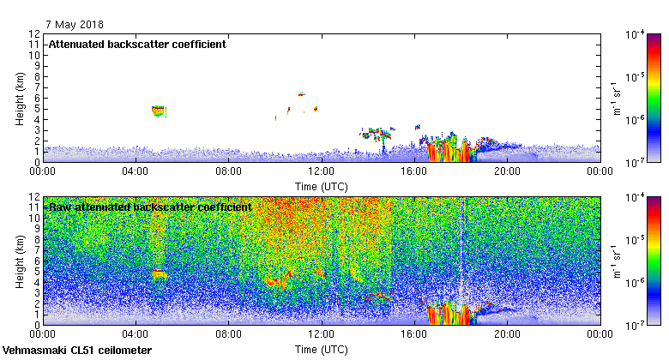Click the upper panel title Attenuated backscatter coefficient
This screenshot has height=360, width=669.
click(x=137, y=45)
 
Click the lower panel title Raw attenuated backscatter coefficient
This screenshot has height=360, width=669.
click(x=150, y=207)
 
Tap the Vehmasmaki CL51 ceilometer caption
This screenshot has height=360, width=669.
click(x=77, y=351)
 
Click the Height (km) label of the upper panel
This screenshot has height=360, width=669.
click(x=20, y=98)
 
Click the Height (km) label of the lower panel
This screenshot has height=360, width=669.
click(x=20, y=261)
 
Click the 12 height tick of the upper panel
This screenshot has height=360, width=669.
click(x=34, y=34)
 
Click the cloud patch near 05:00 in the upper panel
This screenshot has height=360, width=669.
click(x=158, y=111)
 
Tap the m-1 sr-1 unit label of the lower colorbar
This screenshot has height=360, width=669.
click(x=616, y=261)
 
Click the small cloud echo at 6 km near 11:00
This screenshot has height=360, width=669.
click(x=301, y=94)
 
